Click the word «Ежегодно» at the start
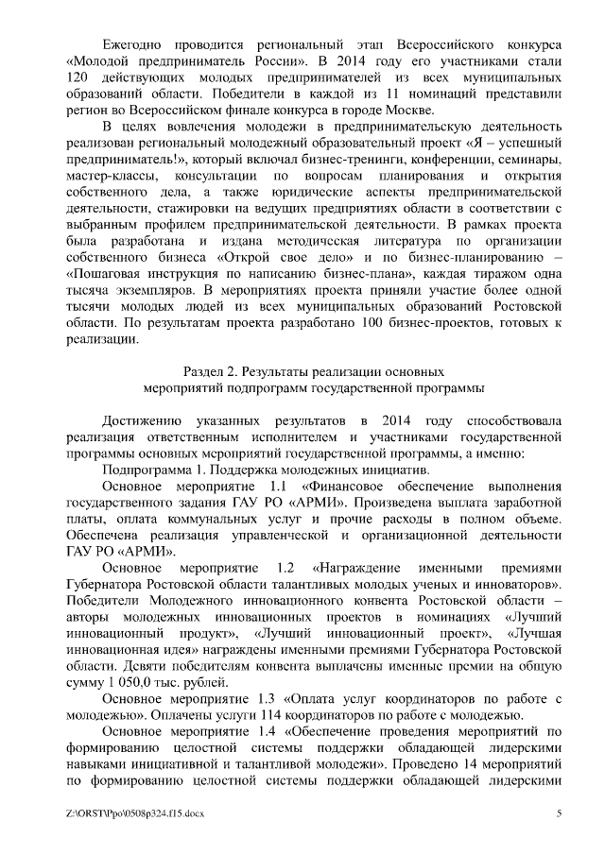[132, 45]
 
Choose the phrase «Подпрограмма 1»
[157, 470]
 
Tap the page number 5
[559, 815]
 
